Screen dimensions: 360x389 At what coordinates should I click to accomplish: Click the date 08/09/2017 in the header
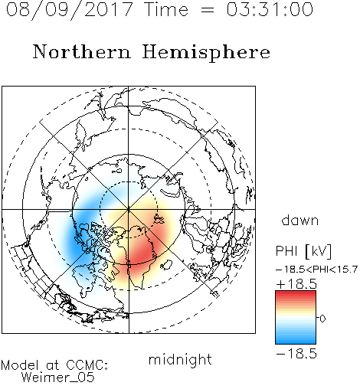[x=70, y=10]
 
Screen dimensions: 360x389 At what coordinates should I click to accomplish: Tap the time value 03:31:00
[x=270, y=10]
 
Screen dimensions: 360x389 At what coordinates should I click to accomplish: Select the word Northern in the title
[x=82, y=52]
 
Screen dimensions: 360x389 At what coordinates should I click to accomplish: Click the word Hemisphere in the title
[x=206, y=53]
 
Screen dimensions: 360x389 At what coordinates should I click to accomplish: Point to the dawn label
[x=300, y=221]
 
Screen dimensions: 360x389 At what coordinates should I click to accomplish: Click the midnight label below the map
[x=180, y=359]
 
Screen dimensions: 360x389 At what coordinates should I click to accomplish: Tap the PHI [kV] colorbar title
[x=304, y=251]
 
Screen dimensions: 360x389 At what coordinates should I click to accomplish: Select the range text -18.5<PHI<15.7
[x=316, y=270]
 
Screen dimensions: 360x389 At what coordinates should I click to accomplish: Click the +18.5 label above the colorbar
[x=296, y=284]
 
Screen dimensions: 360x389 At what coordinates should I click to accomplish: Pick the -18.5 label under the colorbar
[x=296, y=354]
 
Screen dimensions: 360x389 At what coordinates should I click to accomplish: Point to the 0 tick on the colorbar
[x=322, y=319]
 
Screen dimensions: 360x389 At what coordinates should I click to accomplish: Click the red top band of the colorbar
[x=296, y=296]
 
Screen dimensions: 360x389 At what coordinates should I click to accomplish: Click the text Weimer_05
[x=58, y=377]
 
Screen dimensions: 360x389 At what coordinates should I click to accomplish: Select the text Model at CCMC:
[x=54, y=365]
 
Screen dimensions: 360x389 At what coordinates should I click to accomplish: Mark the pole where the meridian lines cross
[x=129, y=210]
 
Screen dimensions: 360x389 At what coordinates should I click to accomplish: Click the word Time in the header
[x=166, y=10]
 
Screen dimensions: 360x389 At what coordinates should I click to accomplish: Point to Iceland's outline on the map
[x=166, y=265]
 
